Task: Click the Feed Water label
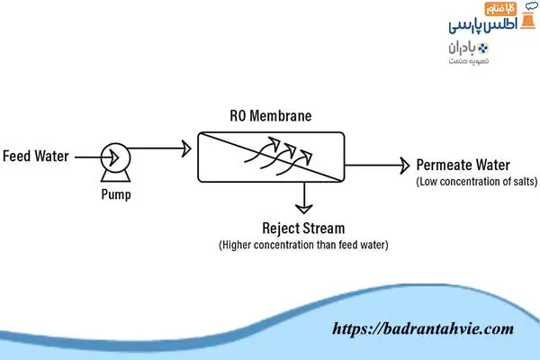tap(35, 156)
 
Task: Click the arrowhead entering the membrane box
tap(187, 145)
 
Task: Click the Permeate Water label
tap(463, 166)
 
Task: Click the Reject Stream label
tap(303, 228)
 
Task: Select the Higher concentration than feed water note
tap(302, 245)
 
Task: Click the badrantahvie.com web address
tap(424, 329)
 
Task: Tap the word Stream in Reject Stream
tap(324, 228)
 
